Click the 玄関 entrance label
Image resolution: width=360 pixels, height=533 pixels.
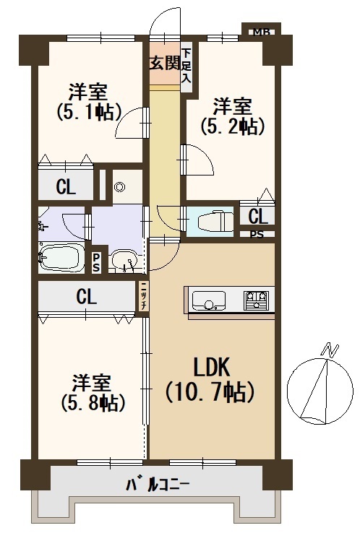pos(165,63)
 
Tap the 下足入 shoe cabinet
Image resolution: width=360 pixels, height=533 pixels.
pos(186,66)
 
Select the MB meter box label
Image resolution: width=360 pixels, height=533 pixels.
pos(261,32)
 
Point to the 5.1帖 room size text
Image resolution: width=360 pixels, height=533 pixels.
pos(89,112)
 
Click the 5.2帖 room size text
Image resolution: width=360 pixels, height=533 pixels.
pos(233,126)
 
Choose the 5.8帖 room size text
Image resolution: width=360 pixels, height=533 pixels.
pos(93,403)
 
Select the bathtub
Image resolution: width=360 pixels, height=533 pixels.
pos(61,257)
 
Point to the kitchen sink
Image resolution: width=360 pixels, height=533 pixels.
pos(208,300)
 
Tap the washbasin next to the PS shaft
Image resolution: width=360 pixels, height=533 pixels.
pos(124,261)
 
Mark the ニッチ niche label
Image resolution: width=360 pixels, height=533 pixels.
pos(143,296)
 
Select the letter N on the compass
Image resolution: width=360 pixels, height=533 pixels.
pos(330,350)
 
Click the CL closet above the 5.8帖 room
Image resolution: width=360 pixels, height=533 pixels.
pos(86,297)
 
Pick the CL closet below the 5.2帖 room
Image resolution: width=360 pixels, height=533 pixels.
pos(258,217)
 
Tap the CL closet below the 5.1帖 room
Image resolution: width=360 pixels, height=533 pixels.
pos(66,186)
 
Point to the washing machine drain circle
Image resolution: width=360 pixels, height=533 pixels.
pos(119,186)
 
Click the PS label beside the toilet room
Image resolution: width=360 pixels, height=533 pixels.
pos(257,235)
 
